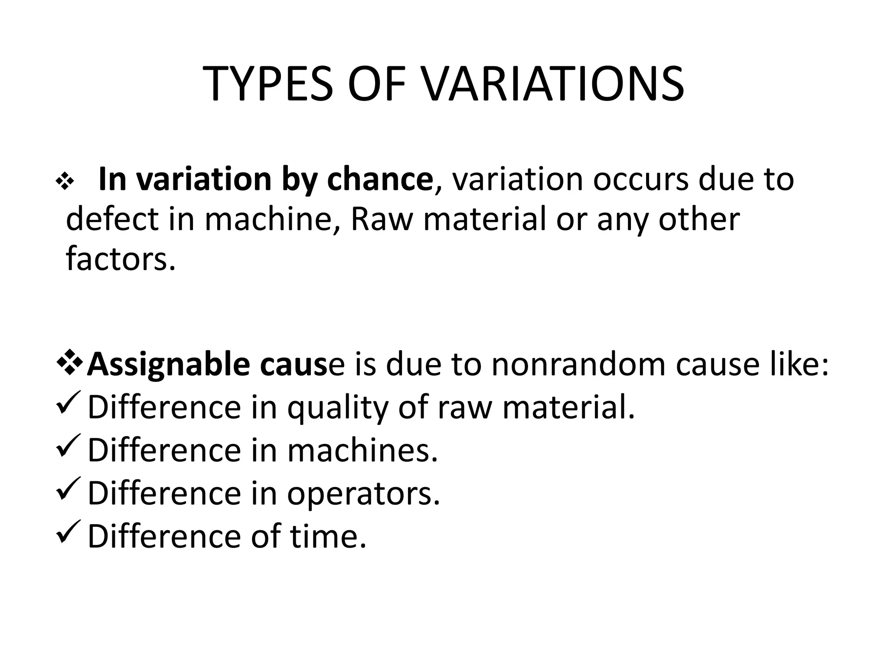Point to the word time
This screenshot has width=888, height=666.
coord(328,536)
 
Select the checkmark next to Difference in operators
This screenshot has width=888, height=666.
coord(69,489)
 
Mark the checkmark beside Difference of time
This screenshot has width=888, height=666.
coord(69,531)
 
